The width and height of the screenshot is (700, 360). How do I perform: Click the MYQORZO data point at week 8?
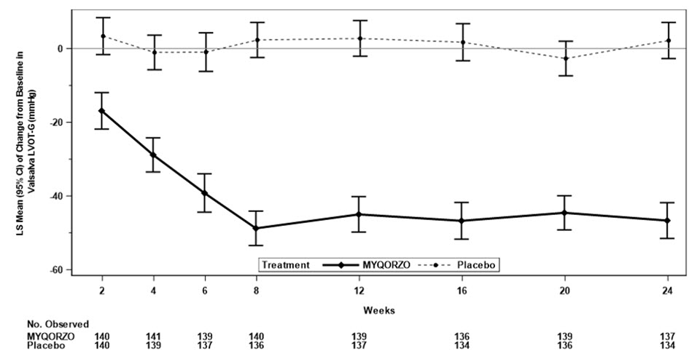tap(257, 228)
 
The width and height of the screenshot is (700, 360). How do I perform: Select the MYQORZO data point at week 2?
tap(102, 111)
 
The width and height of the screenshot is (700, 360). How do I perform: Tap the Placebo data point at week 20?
tap(565, 58)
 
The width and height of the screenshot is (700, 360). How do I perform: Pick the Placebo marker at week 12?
tap(359, 39)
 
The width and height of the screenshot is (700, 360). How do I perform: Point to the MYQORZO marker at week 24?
tap(668, 220)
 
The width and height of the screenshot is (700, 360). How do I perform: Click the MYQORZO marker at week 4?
tap(153, 155)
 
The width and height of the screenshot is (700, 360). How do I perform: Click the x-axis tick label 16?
tap(462, 291)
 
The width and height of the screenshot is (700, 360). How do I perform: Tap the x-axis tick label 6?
tap(205, 291)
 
